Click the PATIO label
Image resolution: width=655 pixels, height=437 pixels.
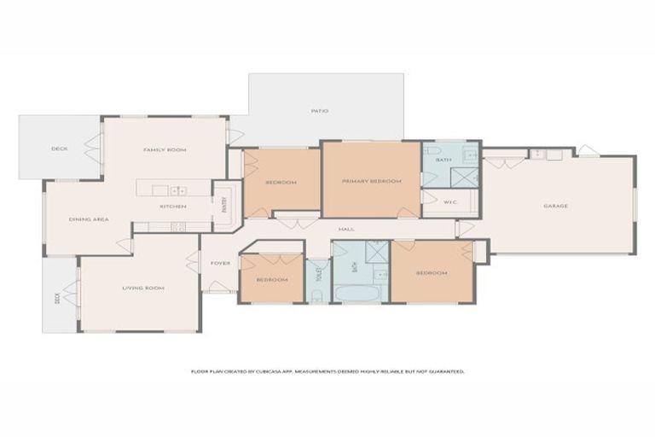click(319, 111)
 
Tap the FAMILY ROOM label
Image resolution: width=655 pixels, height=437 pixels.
click(165, 149)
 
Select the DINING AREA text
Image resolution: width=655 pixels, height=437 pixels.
click(89, 219)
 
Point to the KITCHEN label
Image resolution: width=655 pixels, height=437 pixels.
click(173, 207)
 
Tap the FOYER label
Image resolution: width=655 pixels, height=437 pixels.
click(220, 263)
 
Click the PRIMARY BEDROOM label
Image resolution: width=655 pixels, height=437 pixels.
click(371, 181)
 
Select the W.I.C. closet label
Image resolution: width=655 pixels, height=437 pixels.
click(451, 202)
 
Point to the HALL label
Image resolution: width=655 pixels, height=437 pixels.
click(346, 229)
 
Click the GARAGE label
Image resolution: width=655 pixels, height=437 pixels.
click(556, 206)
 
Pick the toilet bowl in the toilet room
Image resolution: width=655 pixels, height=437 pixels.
click(316, 296)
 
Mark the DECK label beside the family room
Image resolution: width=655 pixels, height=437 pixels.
click(59, 149)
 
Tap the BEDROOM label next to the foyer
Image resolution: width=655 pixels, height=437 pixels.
click(272, 280)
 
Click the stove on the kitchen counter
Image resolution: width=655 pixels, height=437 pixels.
click(178, 226)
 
